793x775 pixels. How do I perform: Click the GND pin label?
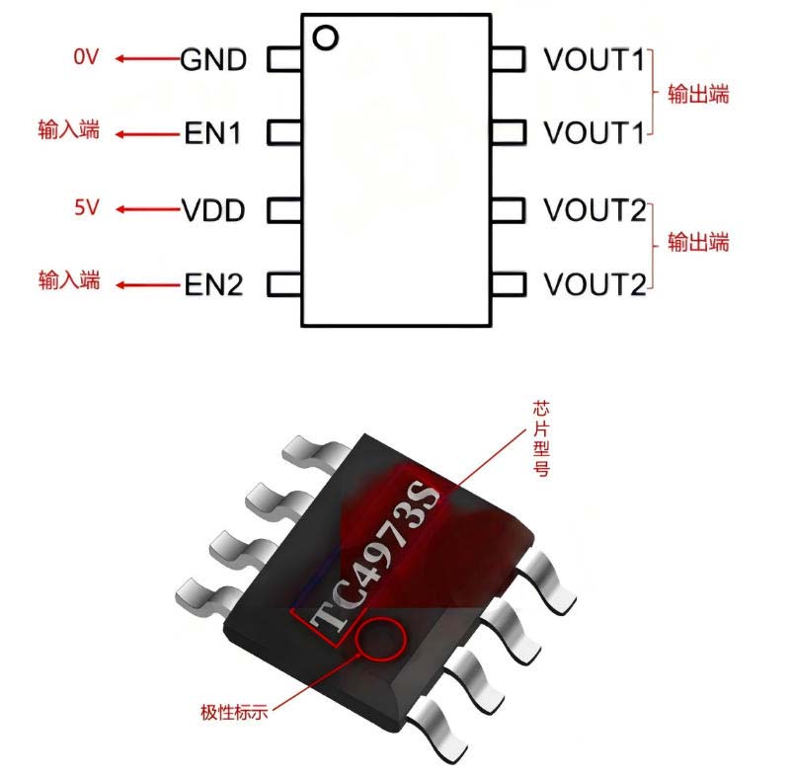click(x=212, y=59)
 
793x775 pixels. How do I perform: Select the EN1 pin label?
click(x=212, y=133)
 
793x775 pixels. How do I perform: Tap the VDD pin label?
click(x=212, y=210)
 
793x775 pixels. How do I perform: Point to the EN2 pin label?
click(x=213, y=285)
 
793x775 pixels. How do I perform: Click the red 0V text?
click(x=86, y=57)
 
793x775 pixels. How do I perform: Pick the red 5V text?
click(x=86, y=208)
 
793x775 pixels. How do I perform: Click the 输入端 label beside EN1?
click(x=69, y=131)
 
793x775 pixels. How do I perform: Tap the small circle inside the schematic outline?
click(x=325, y=38)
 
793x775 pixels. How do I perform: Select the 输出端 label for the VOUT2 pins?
click(x=698, y=242)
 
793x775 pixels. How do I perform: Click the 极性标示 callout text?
click(x=233, y=711)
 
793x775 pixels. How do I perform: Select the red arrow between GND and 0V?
click(x=146, y=58)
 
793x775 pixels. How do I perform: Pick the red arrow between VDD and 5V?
click(x=146, y=209)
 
